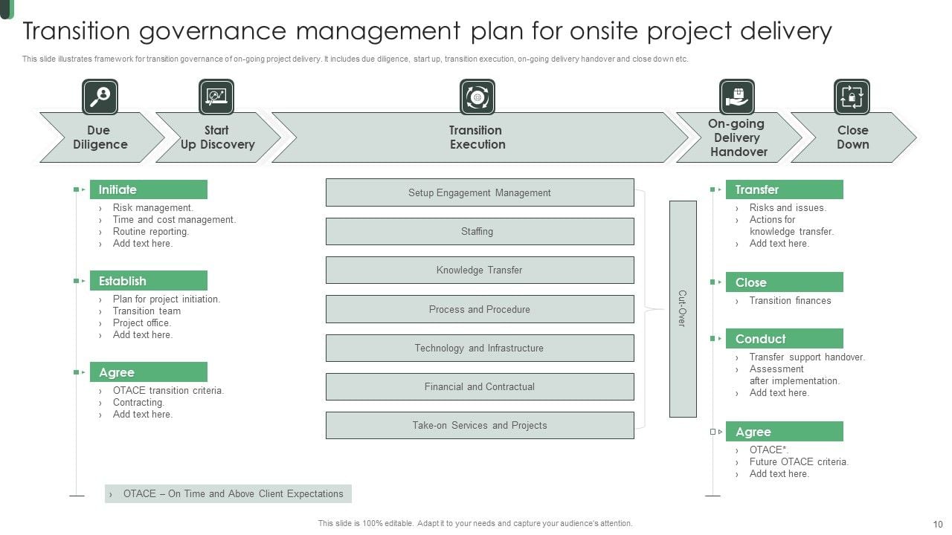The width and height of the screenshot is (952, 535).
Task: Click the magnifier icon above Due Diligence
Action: click(100, 97)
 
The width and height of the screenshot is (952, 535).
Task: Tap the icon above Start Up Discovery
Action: click(216, 97)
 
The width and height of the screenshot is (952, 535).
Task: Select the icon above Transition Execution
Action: click(477, 97)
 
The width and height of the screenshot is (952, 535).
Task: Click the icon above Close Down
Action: click(852, 97)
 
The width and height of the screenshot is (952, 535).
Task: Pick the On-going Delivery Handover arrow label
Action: click(738, 137)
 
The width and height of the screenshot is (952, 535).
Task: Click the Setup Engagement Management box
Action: click(480, 192)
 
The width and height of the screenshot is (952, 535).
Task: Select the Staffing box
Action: click(480, 231)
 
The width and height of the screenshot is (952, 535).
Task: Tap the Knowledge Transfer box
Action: click(480, 270)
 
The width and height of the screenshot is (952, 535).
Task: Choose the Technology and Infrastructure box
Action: click(480, 348)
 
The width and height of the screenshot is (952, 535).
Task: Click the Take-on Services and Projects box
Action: click(480, 425)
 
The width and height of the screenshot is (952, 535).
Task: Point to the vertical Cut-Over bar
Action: click(683, 308)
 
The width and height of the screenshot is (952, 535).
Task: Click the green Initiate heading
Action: click(148, 189)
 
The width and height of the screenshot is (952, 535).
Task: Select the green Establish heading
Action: click(148, 281)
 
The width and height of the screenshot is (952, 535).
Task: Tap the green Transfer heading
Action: click(784, 189)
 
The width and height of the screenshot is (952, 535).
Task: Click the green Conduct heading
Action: click(784, 339)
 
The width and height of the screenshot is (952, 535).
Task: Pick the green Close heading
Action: click(784, 282)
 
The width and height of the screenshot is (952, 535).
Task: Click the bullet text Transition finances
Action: click(790, 301)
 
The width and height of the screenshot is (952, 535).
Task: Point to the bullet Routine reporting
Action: click(151, 232)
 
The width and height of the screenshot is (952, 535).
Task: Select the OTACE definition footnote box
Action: click(228, 494)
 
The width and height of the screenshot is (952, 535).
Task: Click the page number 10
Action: click(937, 524)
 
